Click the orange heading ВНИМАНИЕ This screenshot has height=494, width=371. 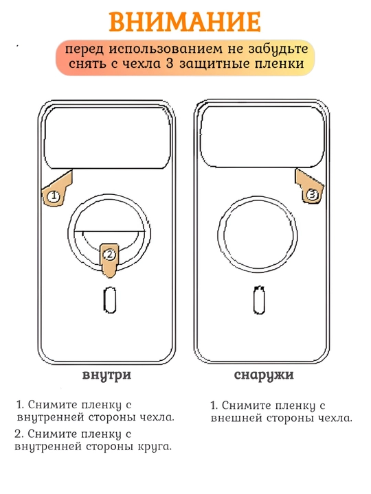click(185, 22)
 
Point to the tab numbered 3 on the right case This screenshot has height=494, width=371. click(309, 187)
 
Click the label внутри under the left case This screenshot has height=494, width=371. click(106, 375)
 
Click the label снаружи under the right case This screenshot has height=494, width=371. click(264, 375)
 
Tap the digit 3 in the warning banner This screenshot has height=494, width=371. click(170, 64)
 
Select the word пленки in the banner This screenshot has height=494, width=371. click(280, 64)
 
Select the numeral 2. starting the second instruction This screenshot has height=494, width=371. click(19, 434)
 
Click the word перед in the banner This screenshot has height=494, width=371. click(85, 50)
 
